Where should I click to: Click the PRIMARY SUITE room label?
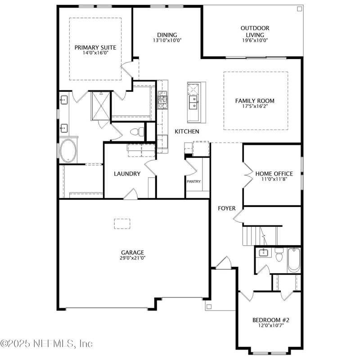pos(95,47)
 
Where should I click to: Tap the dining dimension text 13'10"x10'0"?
pos(167,40)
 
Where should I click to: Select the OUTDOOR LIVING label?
pos(255,31)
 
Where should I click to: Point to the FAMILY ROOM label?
pos(255,101)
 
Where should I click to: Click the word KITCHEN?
pos(187,131)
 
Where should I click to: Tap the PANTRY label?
pos(193,182)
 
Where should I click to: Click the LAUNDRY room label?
pos(127,174)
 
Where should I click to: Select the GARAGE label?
pos(132,252)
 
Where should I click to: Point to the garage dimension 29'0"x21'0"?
pos(132,258)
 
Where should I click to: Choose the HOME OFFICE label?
pos(274,174)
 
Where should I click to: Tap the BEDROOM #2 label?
pos(270,320)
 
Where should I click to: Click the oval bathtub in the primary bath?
pos(68,151)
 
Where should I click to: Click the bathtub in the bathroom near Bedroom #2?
pos(294,260)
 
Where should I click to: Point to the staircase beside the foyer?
pos(260,235)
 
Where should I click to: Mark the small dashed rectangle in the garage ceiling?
pos(122,224)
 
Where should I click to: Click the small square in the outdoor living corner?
pos(299,9)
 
